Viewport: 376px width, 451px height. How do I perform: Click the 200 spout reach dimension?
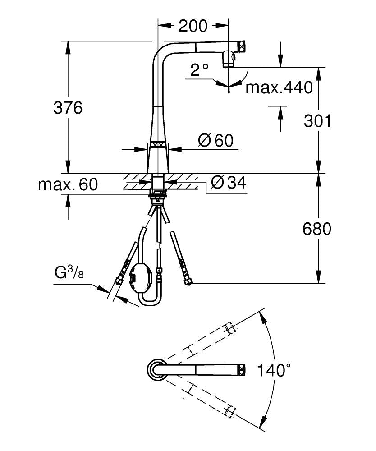pos(193,26)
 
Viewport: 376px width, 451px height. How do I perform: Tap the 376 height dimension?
pos(68,108)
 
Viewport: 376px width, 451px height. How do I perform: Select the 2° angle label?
pos(199,69)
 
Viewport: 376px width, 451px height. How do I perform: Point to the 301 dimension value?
pos(317,121)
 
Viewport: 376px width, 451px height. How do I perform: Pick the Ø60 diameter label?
pos(216,141)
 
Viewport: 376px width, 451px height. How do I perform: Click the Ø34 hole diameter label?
pos(229,183)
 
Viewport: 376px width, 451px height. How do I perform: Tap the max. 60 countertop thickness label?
pos(68,184)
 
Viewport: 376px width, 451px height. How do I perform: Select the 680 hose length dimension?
pos(317,229)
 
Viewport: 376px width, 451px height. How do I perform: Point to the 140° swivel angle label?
pos(274,371)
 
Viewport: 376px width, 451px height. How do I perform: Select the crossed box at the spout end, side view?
pos(242,45)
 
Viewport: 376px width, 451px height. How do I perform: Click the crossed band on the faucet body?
pos(159,145)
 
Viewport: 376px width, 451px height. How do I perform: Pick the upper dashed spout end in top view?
pos(229,328)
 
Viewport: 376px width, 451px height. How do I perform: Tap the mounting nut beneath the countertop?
pos(158,194)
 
